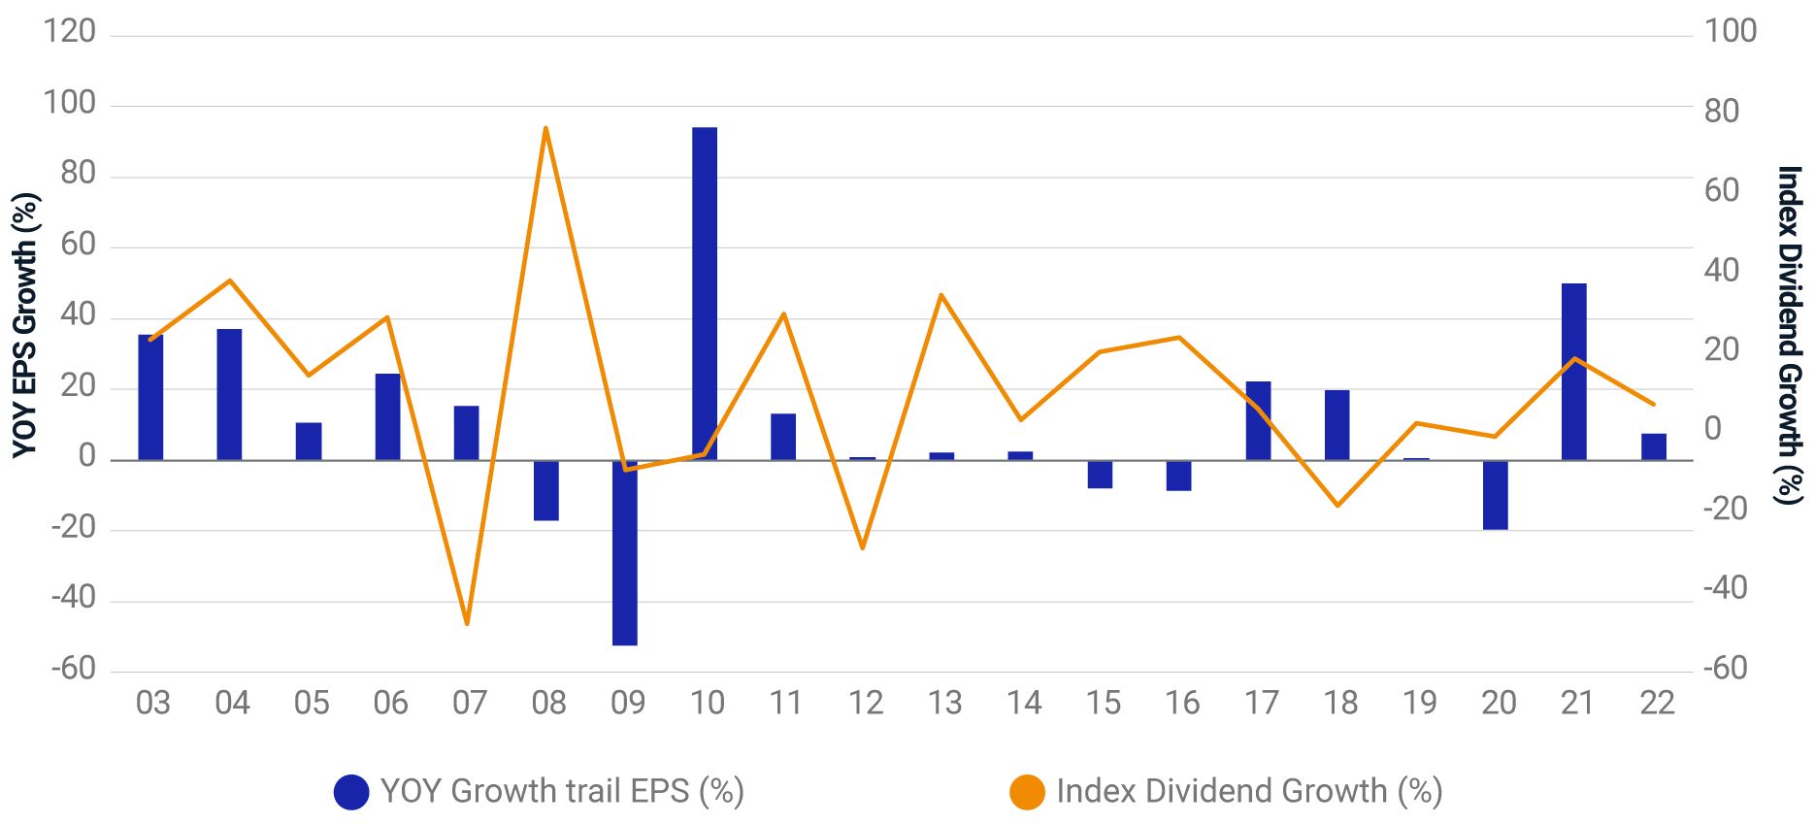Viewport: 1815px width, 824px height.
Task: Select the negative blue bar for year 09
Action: [x=625, y=553]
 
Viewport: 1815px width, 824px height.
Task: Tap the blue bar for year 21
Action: [x=1573, y=372]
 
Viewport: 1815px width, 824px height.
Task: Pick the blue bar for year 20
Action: [x=1495, y=495]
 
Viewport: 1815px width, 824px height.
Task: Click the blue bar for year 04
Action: [x=229, y=394]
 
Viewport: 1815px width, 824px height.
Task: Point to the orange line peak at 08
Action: [x=545, y=128]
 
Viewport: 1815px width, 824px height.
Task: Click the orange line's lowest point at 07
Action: [x=467, y=623]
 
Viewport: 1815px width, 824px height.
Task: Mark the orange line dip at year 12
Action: [x=862, y=548]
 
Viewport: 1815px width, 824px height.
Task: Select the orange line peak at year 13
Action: [x=941, y=295]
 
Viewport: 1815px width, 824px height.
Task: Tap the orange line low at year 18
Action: [x=1337, y=506]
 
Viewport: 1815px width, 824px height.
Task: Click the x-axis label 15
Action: [x=1103, y=703]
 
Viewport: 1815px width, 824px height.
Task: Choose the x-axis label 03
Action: [x=152, y=703]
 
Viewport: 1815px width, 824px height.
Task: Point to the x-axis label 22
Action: [x=1657, y=703]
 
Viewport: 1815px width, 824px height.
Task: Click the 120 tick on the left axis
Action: [x=70, y=32]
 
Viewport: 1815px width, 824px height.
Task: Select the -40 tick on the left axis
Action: [x=73, y=598]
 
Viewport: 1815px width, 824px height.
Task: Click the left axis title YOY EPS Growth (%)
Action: [x=25, y=325]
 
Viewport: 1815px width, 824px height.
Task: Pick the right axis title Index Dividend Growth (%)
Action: [x=1788, y=335]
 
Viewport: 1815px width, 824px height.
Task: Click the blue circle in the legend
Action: [x=351, y=792]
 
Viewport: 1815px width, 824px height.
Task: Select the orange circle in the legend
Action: [x=1027, y=792]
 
